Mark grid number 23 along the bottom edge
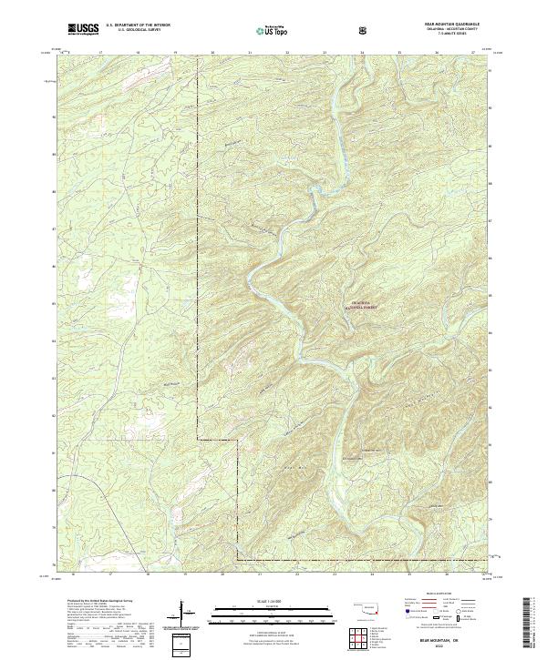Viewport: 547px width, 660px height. [335, 574]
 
